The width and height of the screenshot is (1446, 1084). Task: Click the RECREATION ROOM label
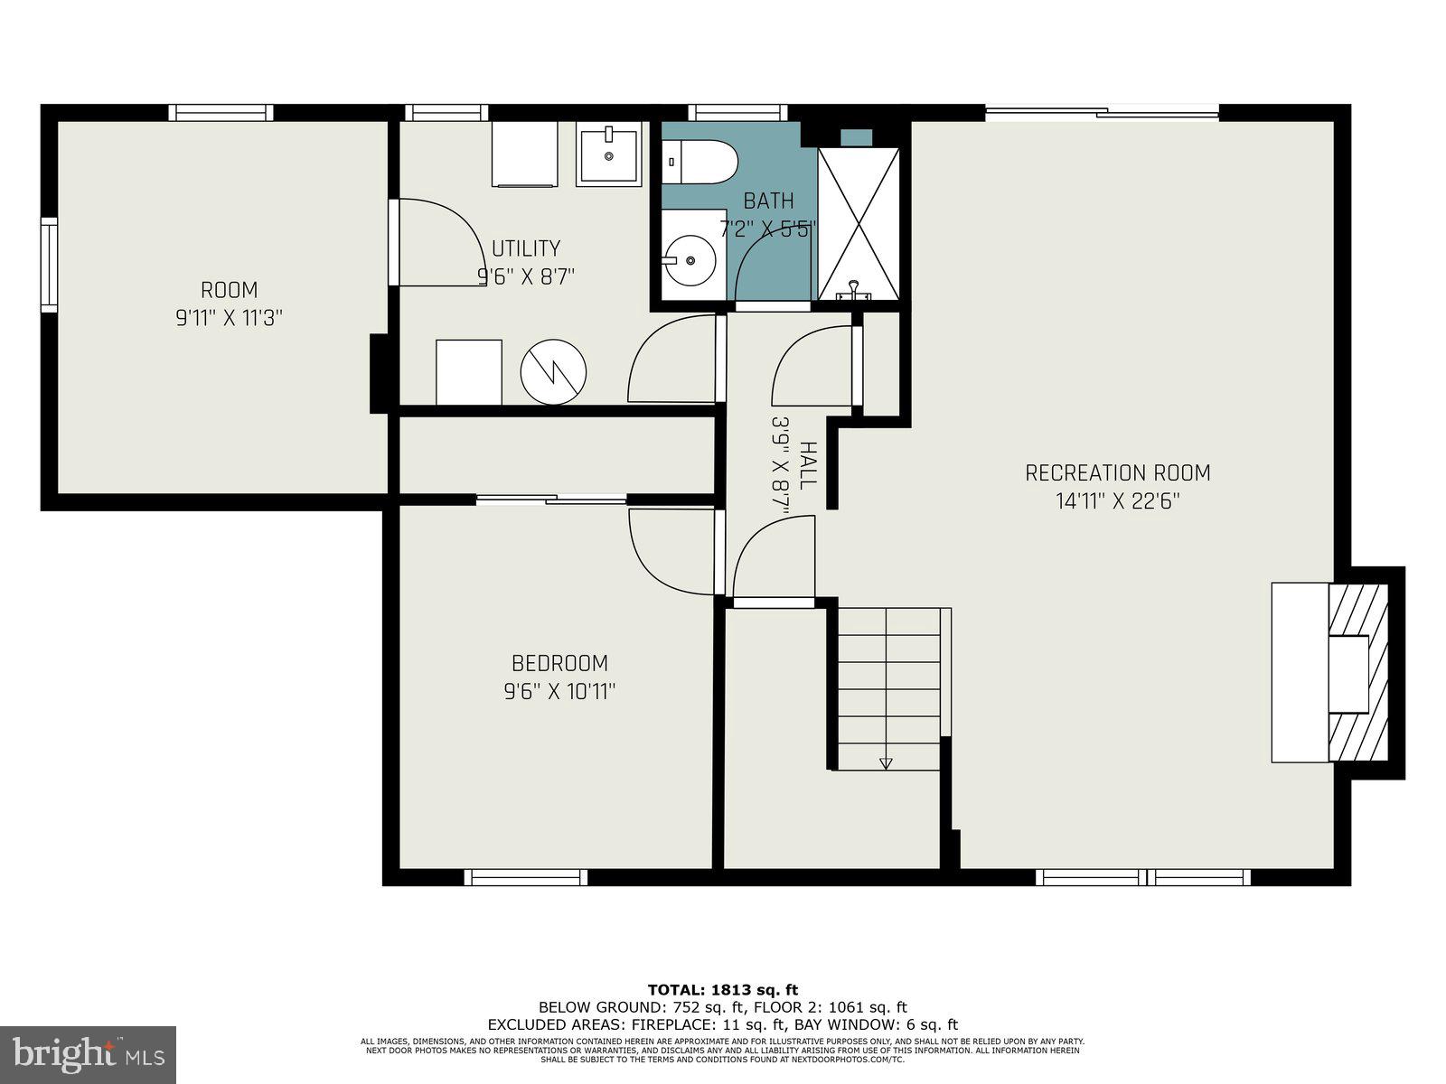(x=1117, y=472)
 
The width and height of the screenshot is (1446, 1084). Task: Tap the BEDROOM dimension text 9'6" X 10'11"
(x=559, y=692)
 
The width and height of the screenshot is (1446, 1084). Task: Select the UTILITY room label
(x=526, y=248)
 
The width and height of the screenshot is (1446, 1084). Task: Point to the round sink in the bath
(x=690, y=260)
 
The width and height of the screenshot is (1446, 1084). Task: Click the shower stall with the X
(x=858, y=223)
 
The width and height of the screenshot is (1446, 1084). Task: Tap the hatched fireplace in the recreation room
(x=1357, y=673)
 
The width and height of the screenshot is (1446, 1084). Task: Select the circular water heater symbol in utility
(x=553, y=371)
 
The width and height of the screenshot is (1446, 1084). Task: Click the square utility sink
(x=608, y=156)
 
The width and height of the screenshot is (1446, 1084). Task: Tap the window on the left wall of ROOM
(x=49, y=265)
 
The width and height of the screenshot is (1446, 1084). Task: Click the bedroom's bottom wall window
(x=526, y=876)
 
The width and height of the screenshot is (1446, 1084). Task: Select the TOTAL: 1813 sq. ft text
(x=722, y=990)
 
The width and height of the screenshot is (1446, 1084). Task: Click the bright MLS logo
(x=88, y=1053)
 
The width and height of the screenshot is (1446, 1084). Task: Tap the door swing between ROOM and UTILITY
(x=438, y=242)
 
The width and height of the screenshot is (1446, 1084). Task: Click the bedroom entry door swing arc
(x=671, y=551)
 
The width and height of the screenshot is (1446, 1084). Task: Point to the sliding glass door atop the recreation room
(x=1102, y=113)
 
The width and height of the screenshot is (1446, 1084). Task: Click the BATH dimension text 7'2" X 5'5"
(x=768, y=229)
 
